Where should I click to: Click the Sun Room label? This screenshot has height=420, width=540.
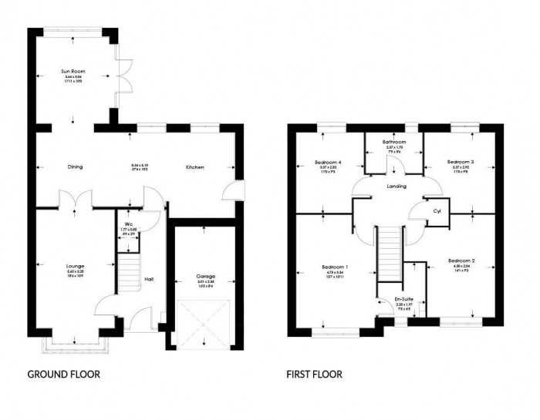(73, 71)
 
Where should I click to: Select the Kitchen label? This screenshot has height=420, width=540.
(194, 166)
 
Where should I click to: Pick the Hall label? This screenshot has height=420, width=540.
(149, 279)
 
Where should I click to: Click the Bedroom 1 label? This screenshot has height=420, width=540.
(335, 267)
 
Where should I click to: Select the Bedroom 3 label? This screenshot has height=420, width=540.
(461, 162)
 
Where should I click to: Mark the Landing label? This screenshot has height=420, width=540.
(397, 186)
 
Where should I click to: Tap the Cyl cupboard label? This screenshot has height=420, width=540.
(437, 210)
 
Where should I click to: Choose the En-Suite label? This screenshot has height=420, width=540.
(402, 298)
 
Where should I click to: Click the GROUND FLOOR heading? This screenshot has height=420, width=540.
(64, 375)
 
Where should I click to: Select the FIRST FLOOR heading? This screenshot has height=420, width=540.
(315, 375)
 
